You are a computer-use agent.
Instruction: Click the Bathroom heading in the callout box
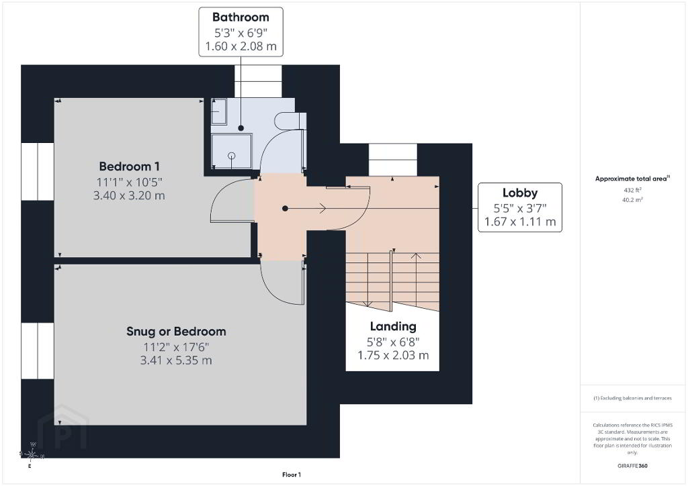coord(241,17)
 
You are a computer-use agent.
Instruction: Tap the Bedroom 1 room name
coord(130,166)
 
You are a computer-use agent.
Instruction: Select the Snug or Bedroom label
coord(176,332)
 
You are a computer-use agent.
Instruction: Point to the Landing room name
coord(393,327)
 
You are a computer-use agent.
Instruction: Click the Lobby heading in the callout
coord(520,193)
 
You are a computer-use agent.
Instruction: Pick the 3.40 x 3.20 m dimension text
coord(129,195)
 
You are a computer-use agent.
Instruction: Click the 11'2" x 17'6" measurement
coord(176,347)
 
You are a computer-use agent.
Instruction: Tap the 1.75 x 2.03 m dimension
coord(393,355)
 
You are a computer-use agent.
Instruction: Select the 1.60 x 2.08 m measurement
coord(241,46)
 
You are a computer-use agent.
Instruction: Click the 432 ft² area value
coord(632,190)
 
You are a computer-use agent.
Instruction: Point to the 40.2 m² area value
coord(632,200)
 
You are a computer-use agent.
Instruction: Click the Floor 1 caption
coord(292,475)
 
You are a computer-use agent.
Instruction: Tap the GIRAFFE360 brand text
coord(632,466)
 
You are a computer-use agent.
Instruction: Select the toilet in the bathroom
coord(290,121)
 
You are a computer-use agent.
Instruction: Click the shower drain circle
coord(232,156)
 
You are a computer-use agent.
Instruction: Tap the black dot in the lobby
coord(285,209)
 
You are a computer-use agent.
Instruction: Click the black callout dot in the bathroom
coord(241,128)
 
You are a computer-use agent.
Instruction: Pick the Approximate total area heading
coord(632,179)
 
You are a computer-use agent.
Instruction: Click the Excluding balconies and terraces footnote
coord(632,398)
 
